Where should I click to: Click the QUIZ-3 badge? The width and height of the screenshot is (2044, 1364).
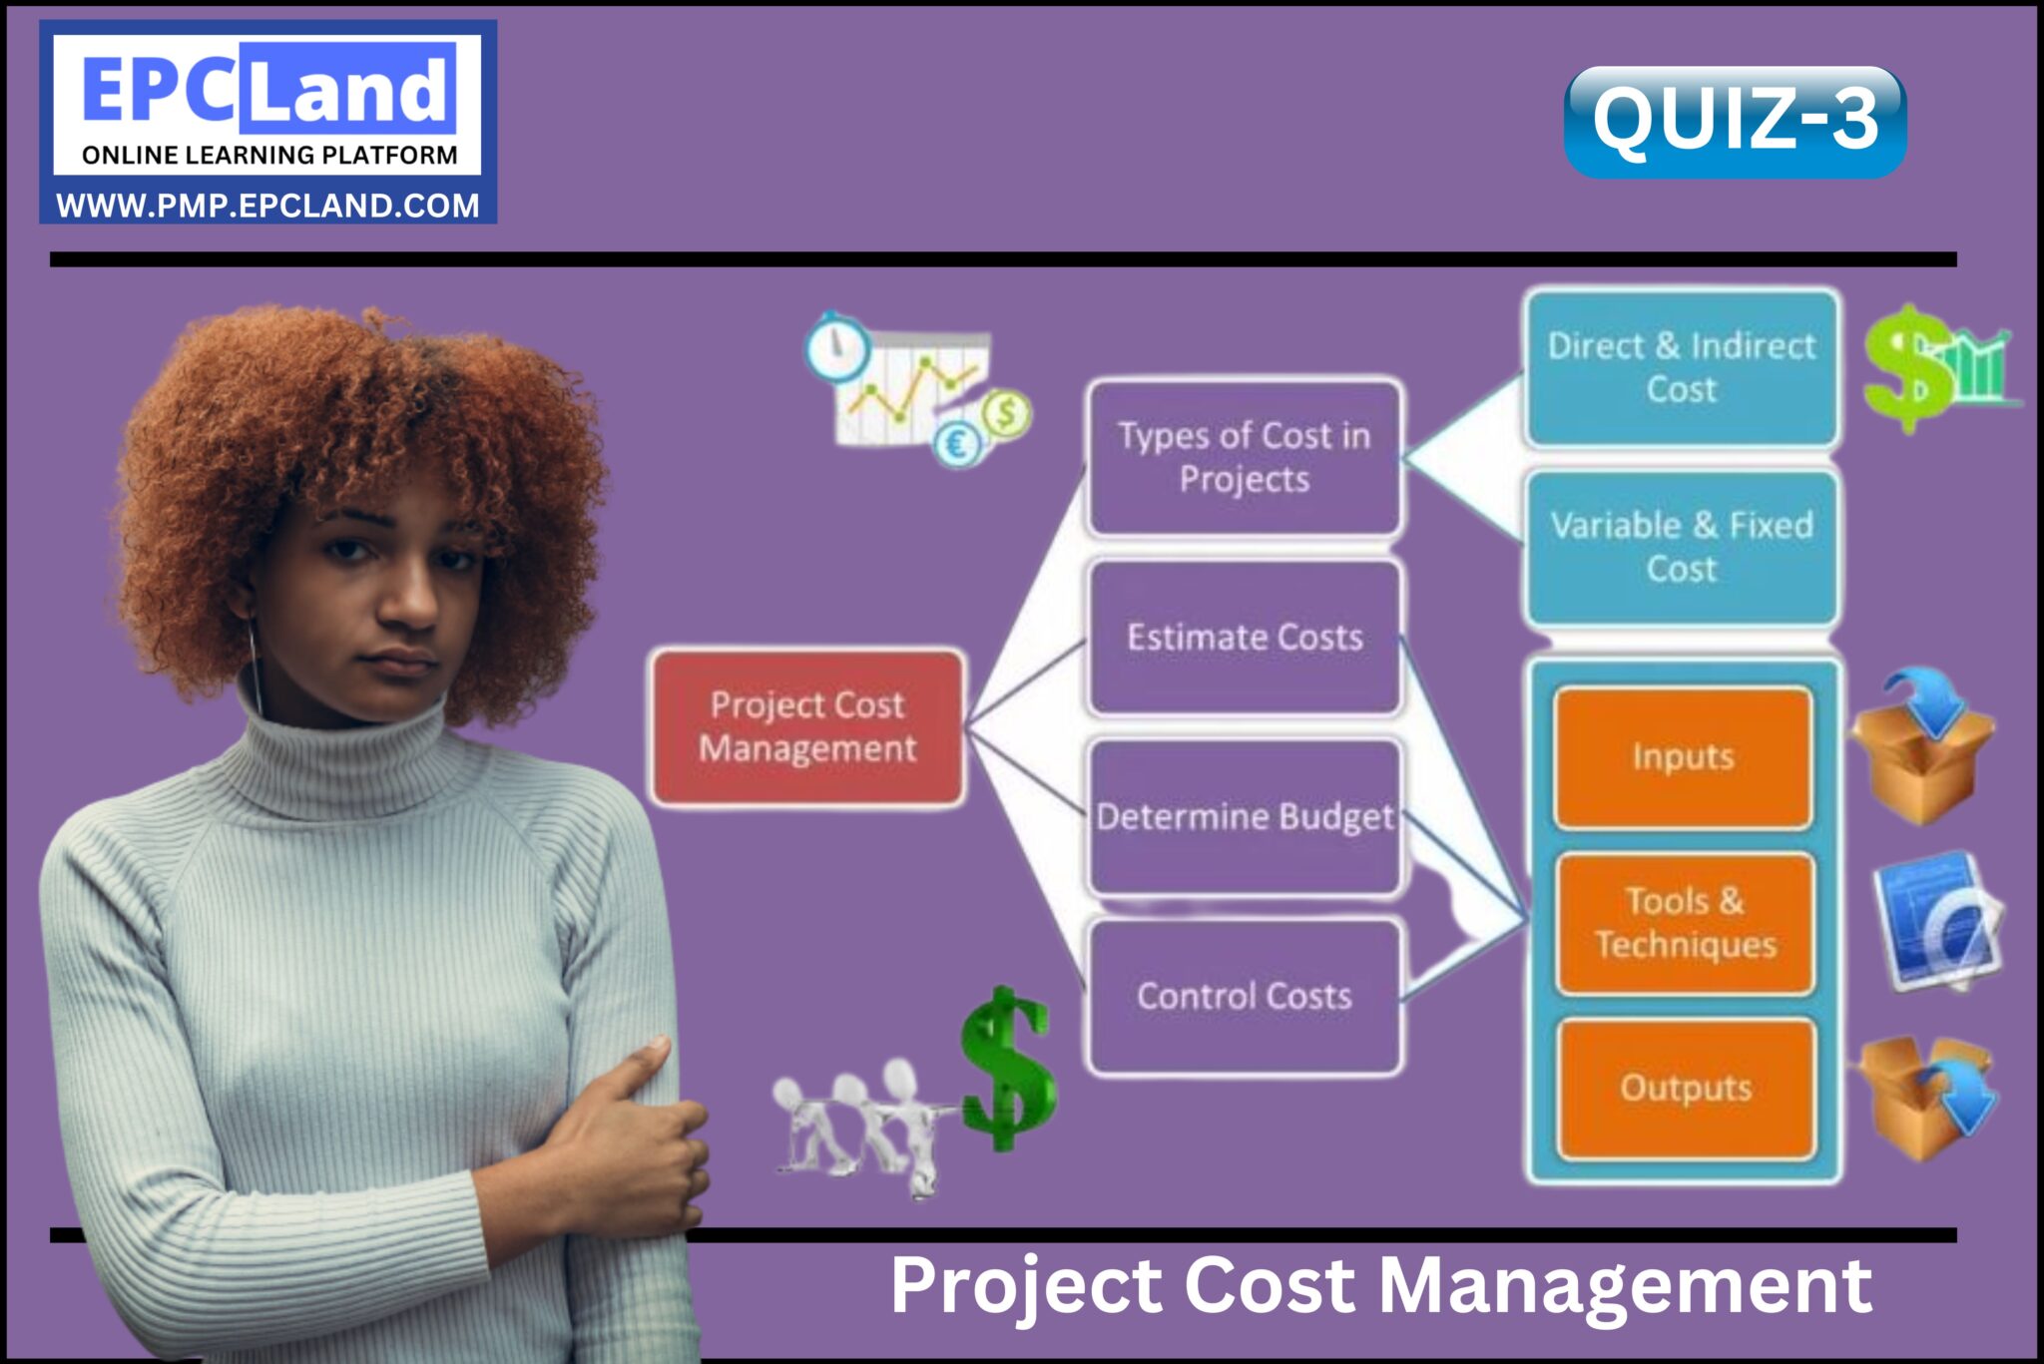1735,122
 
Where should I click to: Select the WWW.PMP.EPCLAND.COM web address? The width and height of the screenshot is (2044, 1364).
267,206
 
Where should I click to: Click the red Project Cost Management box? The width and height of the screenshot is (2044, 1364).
807,726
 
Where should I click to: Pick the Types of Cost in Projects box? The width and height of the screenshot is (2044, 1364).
1245,458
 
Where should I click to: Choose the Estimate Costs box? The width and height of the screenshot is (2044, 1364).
1245,638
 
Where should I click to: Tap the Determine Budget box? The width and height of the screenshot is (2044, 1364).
1245,817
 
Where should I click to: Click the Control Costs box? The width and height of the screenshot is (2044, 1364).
1245,996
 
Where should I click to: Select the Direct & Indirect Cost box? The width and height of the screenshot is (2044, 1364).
1682,367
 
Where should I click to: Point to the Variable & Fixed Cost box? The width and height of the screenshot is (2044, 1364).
1682,547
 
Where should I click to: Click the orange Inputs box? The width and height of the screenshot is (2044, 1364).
1684,757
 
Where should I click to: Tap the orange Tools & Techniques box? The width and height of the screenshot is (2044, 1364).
1685,923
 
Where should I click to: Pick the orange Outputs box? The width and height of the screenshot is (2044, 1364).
1686,1088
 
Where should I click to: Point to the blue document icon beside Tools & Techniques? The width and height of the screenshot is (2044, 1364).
1936,920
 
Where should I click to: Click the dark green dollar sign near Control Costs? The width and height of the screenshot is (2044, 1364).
1006,1069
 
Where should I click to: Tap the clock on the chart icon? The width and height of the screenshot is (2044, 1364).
836,346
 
